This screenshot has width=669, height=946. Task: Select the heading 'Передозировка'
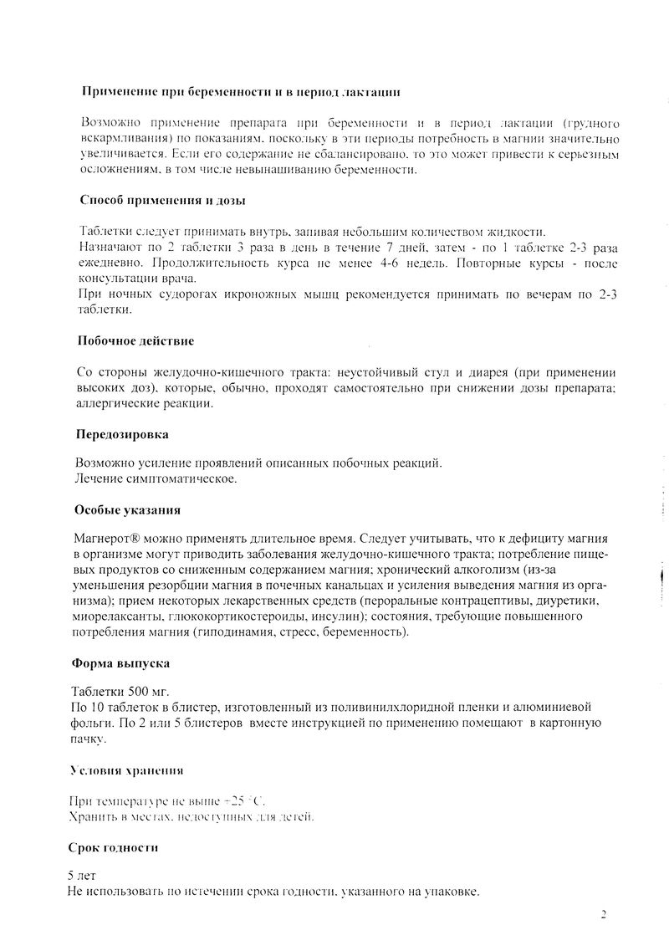pos(121,435)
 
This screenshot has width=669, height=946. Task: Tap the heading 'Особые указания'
pos(127,509)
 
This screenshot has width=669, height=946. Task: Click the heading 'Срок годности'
pos(114,847)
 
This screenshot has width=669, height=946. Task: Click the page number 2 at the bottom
pos(603,913)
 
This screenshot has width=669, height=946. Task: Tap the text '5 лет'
pos(83,875)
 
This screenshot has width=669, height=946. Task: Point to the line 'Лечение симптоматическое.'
pos(156,478)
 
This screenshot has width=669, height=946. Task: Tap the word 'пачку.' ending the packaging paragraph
pos(90,739)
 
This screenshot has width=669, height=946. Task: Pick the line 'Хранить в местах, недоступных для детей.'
pos(192,815)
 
